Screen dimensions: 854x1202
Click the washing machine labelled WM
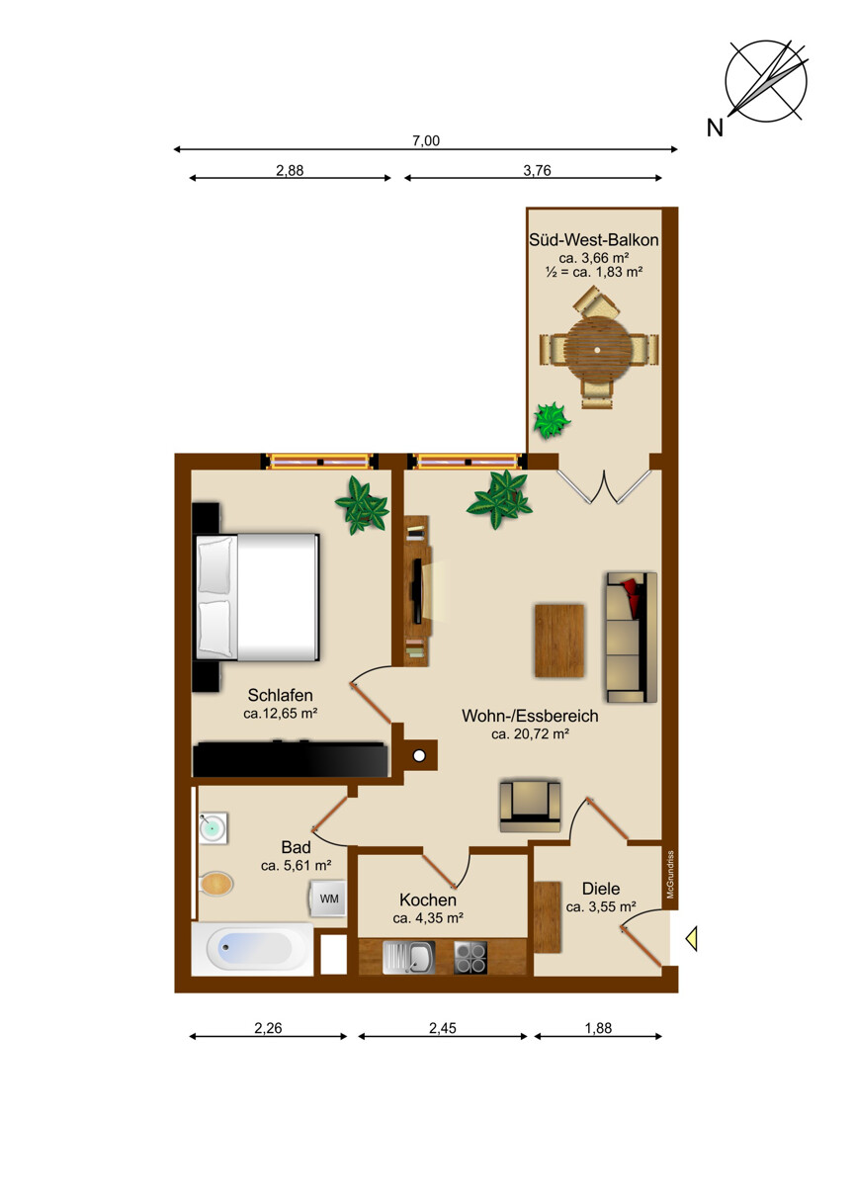pos(328,899)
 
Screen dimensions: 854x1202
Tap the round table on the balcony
pos(599,349)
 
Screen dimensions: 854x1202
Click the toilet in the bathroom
pos(216,884)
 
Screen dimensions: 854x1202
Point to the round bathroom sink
pos(213,828)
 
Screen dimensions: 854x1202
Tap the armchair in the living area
pos(530,806)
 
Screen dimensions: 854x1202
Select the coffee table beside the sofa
pos(559,641)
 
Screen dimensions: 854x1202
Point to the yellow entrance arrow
pos(692,938)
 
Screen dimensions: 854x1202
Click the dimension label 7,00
pos(426,140)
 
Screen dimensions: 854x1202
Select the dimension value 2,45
pos(443,1028)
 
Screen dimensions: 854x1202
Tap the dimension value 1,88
pos(598,1028)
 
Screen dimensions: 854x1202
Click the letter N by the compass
pos(715,128)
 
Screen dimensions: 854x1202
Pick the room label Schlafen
pos(280,696)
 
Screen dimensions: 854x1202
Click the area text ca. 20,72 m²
pos(530,733)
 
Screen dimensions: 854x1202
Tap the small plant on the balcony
pos(551,420)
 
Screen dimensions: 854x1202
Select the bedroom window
pos(319,462)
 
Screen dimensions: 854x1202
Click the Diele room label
pos(601,889)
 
